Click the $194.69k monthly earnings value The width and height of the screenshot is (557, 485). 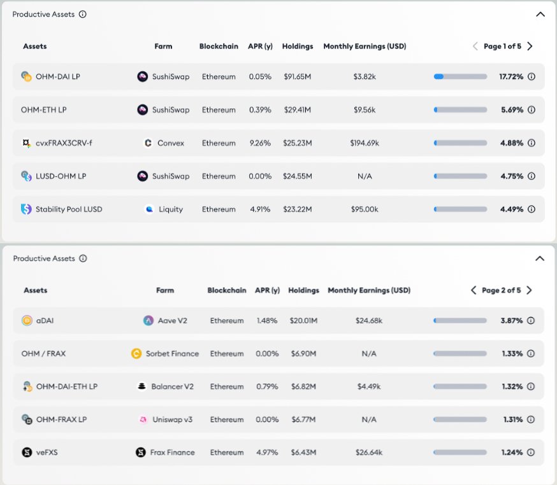point(365,143)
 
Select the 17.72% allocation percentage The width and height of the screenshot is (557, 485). point(511,76)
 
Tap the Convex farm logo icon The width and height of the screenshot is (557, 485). point(148,143)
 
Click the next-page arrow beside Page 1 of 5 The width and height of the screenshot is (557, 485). point(530,46)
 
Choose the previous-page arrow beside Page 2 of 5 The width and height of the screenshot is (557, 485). point(474,290)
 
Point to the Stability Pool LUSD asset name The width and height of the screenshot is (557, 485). point(69,209)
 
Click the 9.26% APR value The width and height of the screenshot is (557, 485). point(260,143)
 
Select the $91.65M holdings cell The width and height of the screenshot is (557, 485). point(298,76)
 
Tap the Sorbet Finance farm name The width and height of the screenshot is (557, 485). point(172,354)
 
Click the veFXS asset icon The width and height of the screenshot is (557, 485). point(27,453)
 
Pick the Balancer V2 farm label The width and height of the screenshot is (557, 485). point(172,386)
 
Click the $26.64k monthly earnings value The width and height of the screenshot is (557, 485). point(369,453)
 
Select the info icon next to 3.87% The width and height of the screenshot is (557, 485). point(531,321)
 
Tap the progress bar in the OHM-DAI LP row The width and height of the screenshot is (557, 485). point(460,76)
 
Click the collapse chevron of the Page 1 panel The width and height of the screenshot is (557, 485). point(540,14)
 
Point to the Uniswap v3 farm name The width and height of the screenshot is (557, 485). point(172,419)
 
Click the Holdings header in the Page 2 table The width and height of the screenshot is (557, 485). point(303,290)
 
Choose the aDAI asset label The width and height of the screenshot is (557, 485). point(45,321)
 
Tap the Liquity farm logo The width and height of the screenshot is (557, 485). point(149,209)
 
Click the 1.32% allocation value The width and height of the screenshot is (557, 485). point(512,386)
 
